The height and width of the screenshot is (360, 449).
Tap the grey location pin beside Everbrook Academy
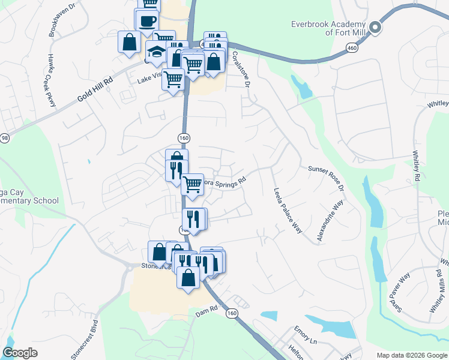pyautogui.click(x=376, y=27)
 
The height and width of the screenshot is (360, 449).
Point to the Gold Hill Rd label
pyautogui.click(x=95, y=91)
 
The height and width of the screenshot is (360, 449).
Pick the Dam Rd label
pyautogui.click(x=204, y=313)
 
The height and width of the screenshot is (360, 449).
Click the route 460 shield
pyautogui.click(x=352, y=47)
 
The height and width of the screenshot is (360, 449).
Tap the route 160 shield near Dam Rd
pyautogui.click(x=231, y=313)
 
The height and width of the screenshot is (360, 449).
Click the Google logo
pyautogui.click(x=20, y=353)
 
